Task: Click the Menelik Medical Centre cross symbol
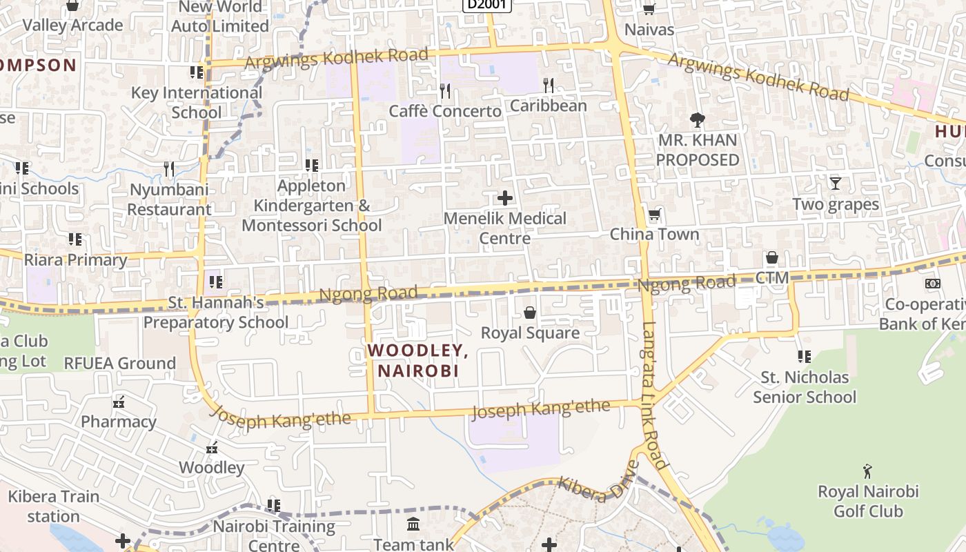[505, 198]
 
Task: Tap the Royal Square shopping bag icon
[530, 313]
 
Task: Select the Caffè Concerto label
[445, 111]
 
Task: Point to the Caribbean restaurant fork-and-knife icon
[549, 85]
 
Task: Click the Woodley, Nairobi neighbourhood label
[417, 360]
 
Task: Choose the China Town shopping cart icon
[654, 215]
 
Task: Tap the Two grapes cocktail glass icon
[836, 184]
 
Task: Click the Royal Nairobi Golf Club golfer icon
[867, 471]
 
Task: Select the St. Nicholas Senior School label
[805, 387]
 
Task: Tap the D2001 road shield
[486, 5]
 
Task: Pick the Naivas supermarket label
[649, 30]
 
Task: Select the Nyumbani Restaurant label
[169, 199]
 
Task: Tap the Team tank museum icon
[413, 524]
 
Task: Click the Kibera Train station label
[54, 506]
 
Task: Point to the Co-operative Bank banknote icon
[932, 284]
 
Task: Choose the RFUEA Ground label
[120, 363]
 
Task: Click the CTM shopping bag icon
[771, 258]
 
